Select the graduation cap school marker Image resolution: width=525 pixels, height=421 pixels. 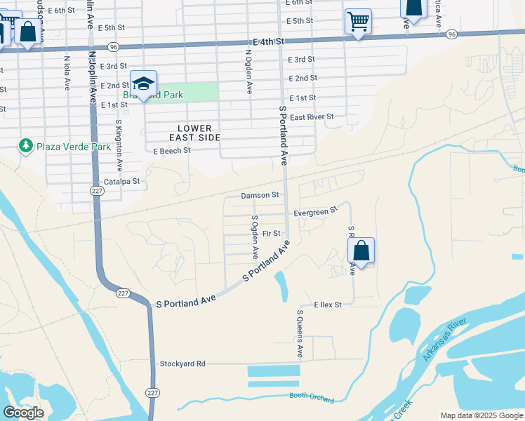click(143, 84)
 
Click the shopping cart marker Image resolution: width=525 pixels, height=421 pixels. click(358, 22)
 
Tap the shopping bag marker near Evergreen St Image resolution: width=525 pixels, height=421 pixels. click(361, 250)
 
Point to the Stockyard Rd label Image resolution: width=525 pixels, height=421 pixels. click(182, 363)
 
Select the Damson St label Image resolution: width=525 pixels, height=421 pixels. click(260, 194)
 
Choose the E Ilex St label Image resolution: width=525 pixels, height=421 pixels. click(327, 305)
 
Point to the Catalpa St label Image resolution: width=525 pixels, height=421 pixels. click(122, 181)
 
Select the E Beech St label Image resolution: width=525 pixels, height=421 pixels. click(172, 151)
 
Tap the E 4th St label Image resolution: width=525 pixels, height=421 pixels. click(269, 42)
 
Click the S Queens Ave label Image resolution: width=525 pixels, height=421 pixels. click(300, 333)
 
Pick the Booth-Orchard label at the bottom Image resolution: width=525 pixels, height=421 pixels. click(312, 396)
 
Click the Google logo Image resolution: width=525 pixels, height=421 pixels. click(23, 413)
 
